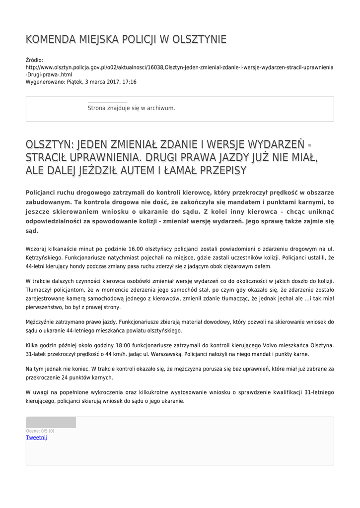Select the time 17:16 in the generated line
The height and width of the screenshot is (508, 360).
tap(130, 81)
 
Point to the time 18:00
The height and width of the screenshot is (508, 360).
tap(124, 345)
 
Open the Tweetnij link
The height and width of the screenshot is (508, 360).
tap(36, 438)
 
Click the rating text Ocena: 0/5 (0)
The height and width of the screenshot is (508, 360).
tap(40, 431)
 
